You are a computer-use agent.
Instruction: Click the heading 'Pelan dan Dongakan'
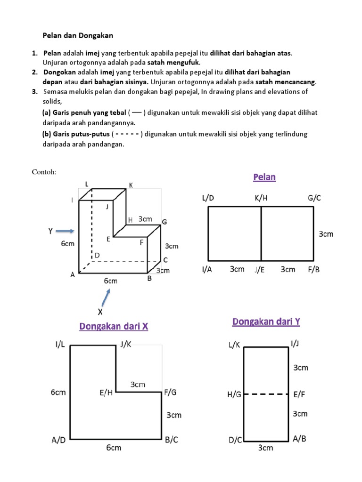(x=78, y=35)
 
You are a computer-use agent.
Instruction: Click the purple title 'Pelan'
(x=264, y=177)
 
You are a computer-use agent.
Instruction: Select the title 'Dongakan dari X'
(x=114, y=326)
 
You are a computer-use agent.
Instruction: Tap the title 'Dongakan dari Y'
(x=266, y=322)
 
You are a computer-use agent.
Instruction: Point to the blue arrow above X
(x=108, y=297)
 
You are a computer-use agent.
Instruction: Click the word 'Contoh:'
(x=44, y=172)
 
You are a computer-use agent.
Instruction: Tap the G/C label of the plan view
(x=314, y=198)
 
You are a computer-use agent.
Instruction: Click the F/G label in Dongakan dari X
(x=170, y=392)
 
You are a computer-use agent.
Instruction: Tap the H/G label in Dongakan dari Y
(x=234, y=394)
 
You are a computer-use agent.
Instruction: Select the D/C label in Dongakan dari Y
(x=235, y=441)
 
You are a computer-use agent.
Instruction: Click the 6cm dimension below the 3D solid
(x=110, y=281)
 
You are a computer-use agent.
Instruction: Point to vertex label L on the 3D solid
(x=87, y=183)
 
